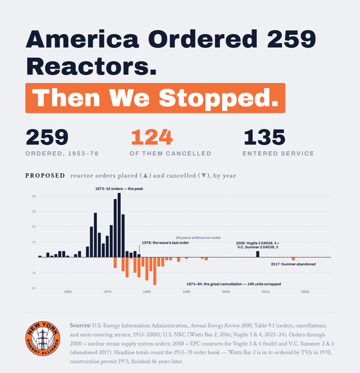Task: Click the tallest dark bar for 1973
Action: pos(119,225)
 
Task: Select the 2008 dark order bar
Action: pos(258,254)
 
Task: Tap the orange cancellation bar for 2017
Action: pos(293,259)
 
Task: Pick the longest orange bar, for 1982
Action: pos(155,271)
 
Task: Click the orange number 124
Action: pos(152,137)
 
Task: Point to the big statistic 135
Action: pos(264,137)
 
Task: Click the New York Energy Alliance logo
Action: pos(43,338)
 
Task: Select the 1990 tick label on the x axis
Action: pos(187,292)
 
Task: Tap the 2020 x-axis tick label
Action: pos(305,292)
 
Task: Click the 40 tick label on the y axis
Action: pos(34,196)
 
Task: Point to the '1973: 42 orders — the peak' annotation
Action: pos(119,188)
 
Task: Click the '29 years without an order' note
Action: pos(198,238)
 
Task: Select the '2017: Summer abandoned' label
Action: pos(293,264)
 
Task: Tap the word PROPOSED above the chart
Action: pos(45,175)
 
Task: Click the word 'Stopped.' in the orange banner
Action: pos(219,98)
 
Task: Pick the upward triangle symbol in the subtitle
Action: pos(146,175)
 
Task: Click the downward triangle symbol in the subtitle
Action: pos(204,175)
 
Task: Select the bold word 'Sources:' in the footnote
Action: pos(80,326)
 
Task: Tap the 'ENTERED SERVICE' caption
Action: pos(278,153)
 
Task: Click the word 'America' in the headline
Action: pos(82,39)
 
